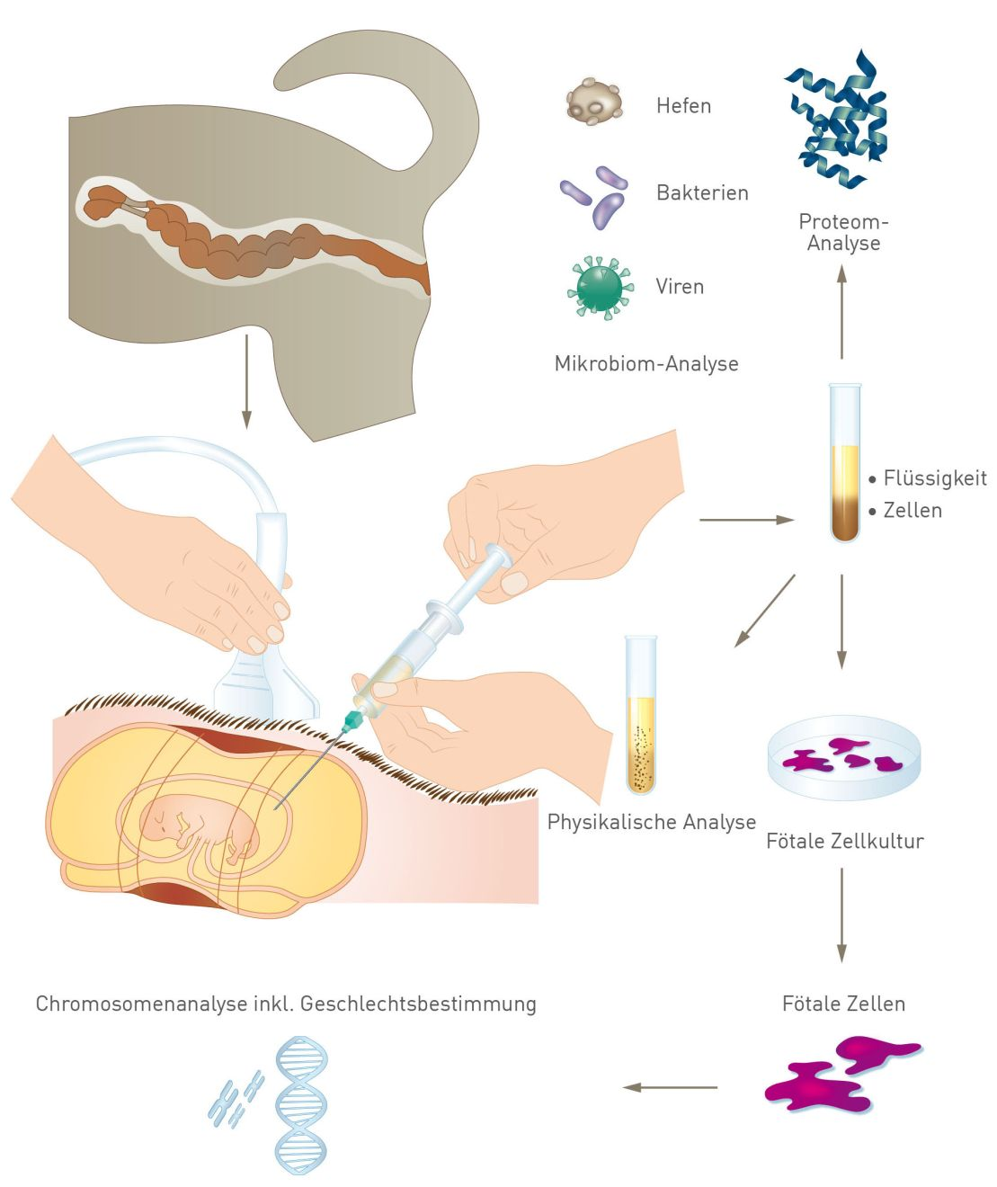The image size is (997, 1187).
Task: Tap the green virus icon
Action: coord(600,287)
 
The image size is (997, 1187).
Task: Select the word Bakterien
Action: coord(702,192)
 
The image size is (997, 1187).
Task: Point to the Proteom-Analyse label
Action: coord(843,232)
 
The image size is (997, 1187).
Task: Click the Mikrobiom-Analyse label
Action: coord(646,364)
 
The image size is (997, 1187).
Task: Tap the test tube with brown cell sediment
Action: coord(844,463)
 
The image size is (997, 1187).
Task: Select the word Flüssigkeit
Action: coord(935,478)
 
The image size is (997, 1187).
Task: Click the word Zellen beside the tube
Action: coord(912,511)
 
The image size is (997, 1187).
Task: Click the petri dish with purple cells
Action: coord(844,757)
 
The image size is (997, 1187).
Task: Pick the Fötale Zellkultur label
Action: coord(844,842)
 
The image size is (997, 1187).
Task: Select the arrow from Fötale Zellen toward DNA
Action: coord(671,1087)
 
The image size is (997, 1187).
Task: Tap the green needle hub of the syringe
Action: coord(353,719)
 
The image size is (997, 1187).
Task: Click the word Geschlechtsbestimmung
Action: coord(418,1004)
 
